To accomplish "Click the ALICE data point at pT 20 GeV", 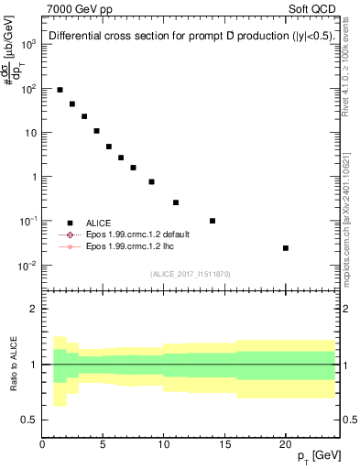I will (x=286, y=248).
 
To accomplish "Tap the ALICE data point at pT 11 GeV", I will (x=176, y=202).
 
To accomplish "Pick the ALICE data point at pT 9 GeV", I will (x=152, y=181).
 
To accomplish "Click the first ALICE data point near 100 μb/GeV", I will (x=60, y=90).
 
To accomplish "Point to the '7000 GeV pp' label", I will (x=76, y=8).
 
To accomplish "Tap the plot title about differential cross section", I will (x=191, y=37).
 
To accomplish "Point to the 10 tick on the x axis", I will (x=164, y=442).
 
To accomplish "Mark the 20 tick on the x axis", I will (x=286, y=442).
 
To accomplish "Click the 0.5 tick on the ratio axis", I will (x=30, y=420).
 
